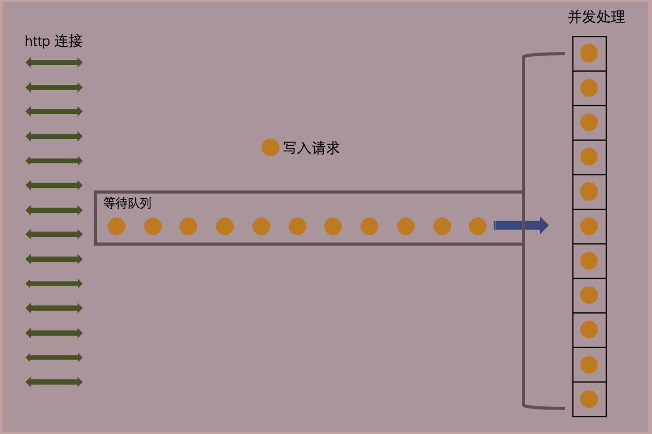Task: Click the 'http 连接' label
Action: [54, 42]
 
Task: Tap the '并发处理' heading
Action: [596, 17]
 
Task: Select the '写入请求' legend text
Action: [311, 148]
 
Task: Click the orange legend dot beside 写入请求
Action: [271, 147]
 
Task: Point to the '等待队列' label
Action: [127, 203]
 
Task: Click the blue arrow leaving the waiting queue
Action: [520, 225]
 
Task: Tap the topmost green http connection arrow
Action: [54, 62]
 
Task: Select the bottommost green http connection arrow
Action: [54, 382]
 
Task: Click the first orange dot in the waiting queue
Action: [117, 226]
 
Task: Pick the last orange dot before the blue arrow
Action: [478, 226]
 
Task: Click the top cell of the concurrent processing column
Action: [589, 53]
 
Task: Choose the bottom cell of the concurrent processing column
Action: [589, 399]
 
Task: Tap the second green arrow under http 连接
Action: [54, 87]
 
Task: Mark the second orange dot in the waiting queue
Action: [153, 226]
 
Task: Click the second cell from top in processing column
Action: [589, 88]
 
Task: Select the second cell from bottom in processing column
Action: [589, 365]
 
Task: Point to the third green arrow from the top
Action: [54, 111]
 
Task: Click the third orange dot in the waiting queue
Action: [188, 226]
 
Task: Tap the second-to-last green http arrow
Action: [54, 358]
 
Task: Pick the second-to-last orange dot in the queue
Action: [442, 226]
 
